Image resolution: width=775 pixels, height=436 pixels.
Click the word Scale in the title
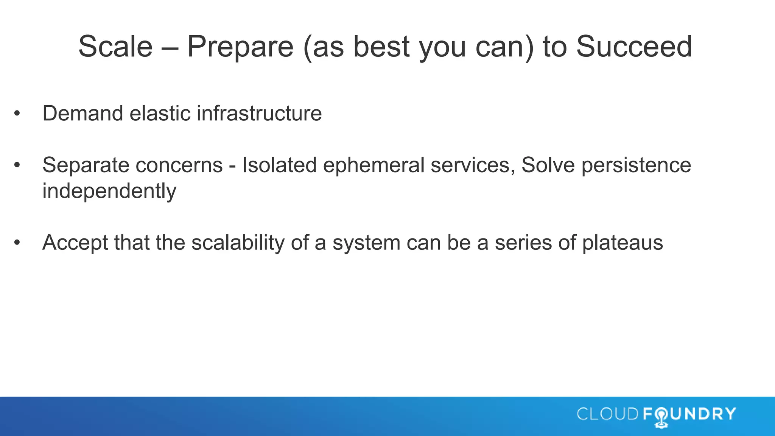[x=115, y=47]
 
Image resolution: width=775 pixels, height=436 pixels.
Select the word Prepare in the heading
[x=240, y=47]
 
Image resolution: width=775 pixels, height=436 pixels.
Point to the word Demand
[x=82, y=113]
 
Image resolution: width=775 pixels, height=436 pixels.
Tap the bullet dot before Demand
[x=17, y=114]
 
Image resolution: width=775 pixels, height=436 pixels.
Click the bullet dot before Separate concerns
[x=17, y=165]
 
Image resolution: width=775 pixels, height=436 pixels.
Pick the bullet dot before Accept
[x=17, y=243]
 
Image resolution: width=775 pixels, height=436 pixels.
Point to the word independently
[x=109, y=191]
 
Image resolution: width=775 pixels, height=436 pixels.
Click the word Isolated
[x=279, y=165]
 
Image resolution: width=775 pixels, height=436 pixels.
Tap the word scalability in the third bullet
[x=238, y=243]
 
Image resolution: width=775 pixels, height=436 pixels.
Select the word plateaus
[x=622, y=243]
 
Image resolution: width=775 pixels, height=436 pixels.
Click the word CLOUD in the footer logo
[x=608, y=414]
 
